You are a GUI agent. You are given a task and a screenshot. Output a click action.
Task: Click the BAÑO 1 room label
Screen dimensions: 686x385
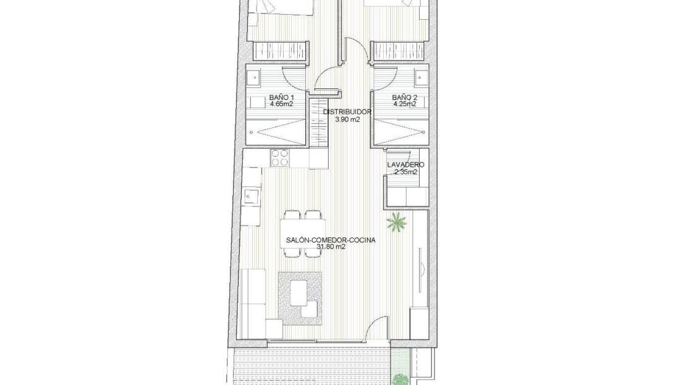point(281,98)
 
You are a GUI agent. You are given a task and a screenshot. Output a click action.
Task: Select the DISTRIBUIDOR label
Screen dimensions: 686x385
point(347,112)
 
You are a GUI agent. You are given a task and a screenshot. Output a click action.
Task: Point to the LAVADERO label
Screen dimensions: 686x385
point(405,165)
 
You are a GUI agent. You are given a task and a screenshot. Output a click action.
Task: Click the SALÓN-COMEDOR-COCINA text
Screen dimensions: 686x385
point(331,240)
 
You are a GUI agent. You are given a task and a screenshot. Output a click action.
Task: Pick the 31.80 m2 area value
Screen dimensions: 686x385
point(331,247)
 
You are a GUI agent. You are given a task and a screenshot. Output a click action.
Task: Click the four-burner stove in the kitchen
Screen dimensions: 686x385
point(280,158)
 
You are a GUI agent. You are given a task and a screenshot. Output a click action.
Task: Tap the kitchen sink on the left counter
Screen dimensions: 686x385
point(252,197)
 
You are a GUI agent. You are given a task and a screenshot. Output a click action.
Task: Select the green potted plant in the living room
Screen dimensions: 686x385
point(396,222)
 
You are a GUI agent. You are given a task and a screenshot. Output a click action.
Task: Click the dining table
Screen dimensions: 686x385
point(303,234)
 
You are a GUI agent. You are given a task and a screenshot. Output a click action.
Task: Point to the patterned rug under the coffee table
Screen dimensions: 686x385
point(300,298)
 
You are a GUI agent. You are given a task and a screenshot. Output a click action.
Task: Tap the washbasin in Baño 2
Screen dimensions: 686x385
point(420,78)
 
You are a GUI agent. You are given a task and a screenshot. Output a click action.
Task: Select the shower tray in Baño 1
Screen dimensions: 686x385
point(275,131)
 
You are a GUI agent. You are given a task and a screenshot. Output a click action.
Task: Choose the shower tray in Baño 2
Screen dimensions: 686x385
point(400,131)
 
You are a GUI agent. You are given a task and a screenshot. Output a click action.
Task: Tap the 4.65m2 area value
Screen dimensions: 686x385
point(281,104)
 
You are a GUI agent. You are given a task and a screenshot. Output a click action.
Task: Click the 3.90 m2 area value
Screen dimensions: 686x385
point(347,119)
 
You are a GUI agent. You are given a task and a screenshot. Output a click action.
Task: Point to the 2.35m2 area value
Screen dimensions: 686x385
point(405,172)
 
